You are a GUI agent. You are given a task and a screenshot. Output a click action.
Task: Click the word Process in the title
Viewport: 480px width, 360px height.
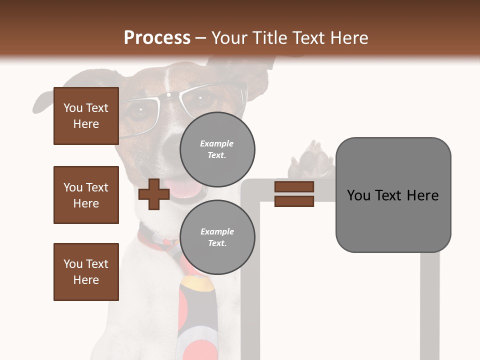pyautogui.click(x=157, y=38)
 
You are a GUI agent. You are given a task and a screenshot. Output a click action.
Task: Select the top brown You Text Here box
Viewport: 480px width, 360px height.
pyautogui.click(x=86, y=116)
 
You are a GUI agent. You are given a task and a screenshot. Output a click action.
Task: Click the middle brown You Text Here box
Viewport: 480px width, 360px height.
pyautogui.click(x=86, y=195)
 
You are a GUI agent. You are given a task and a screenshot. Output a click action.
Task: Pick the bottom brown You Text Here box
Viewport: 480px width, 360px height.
pyautogui.click(x=86, y=272)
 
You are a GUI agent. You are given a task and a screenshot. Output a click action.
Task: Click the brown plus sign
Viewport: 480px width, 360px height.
pyautogui.click(x=153, y=194)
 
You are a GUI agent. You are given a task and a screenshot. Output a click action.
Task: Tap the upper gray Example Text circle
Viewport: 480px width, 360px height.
pyautogui.click(x=217, y=149)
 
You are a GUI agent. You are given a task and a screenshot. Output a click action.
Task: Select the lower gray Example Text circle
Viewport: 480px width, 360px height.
pyautogui.click(x=217, y=237)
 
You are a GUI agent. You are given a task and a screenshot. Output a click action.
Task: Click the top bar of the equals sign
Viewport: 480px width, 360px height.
pyautogui.click(x=294, y=187)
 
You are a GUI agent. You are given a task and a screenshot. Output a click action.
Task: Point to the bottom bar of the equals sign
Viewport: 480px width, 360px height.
pyautogui.click(x=294, y=201)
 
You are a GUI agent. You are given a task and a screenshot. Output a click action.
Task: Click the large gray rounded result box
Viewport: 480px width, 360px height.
pyautogui.click(x=393, y=195)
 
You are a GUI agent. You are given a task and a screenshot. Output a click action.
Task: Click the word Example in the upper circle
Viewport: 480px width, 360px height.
pyautogui.click(x=217, y=144)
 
